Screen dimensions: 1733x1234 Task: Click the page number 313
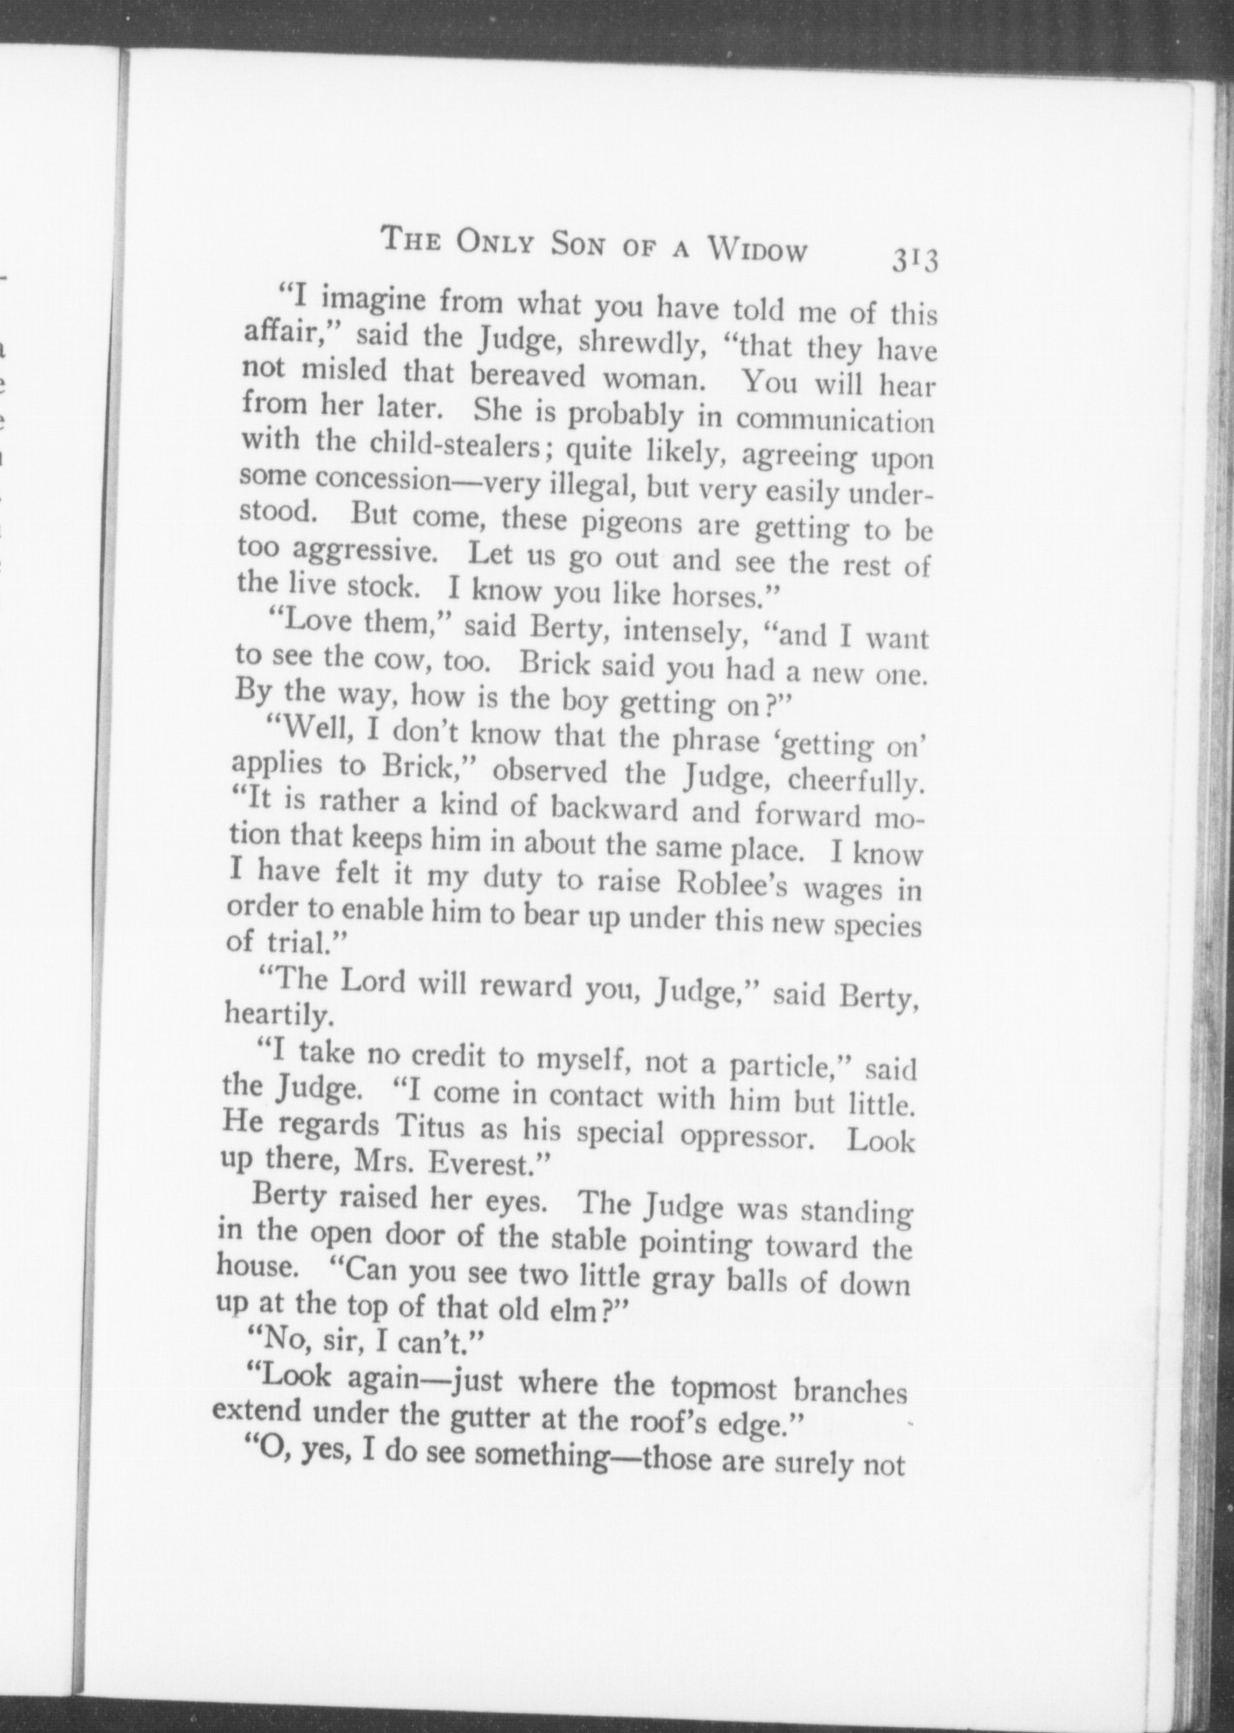(913, 260)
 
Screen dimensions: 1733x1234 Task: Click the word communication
(835, 419)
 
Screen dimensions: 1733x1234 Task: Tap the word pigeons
(630, 522)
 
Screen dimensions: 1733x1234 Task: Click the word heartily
(276, 1012)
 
